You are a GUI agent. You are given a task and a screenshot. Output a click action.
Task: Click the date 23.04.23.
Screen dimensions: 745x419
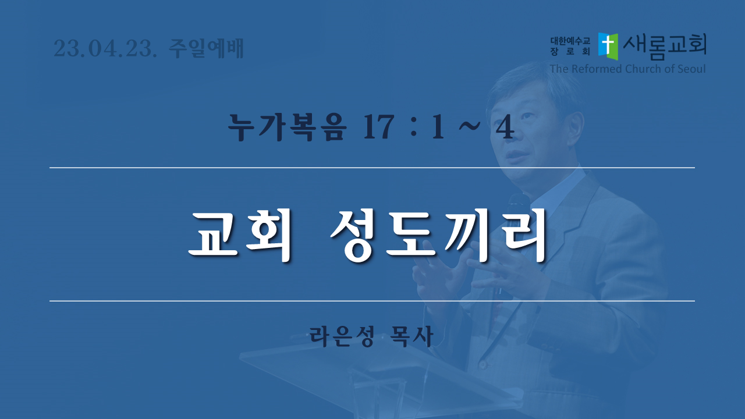(105, 48)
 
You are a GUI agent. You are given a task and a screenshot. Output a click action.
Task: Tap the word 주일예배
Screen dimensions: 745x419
(207, 48)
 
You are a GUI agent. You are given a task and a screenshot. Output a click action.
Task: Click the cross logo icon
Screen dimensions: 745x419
(608, 46)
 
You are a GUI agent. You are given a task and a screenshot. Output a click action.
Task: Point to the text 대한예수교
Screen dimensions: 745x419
(570, 41)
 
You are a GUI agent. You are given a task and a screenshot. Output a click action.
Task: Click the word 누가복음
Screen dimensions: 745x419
(287, 127)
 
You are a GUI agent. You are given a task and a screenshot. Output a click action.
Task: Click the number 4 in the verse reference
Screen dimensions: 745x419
(505, 127)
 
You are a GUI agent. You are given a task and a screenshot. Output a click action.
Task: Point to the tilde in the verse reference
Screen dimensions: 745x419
(469, 126)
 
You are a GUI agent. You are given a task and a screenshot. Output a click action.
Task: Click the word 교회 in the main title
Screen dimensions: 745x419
(240, 236)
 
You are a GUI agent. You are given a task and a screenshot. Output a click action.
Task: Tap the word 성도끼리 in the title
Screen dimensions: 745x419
(439, 236)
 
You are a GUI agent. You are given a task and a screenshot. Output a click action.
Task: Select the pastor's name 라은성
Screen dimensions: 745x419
(342, 336)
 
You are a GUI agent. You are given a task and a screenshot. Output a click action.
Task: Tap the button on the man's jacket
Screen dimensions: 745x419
(483, 365)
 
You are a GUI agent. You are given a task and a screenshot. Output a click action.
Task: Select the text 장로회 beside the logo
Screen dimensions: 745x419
(570, 51)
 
